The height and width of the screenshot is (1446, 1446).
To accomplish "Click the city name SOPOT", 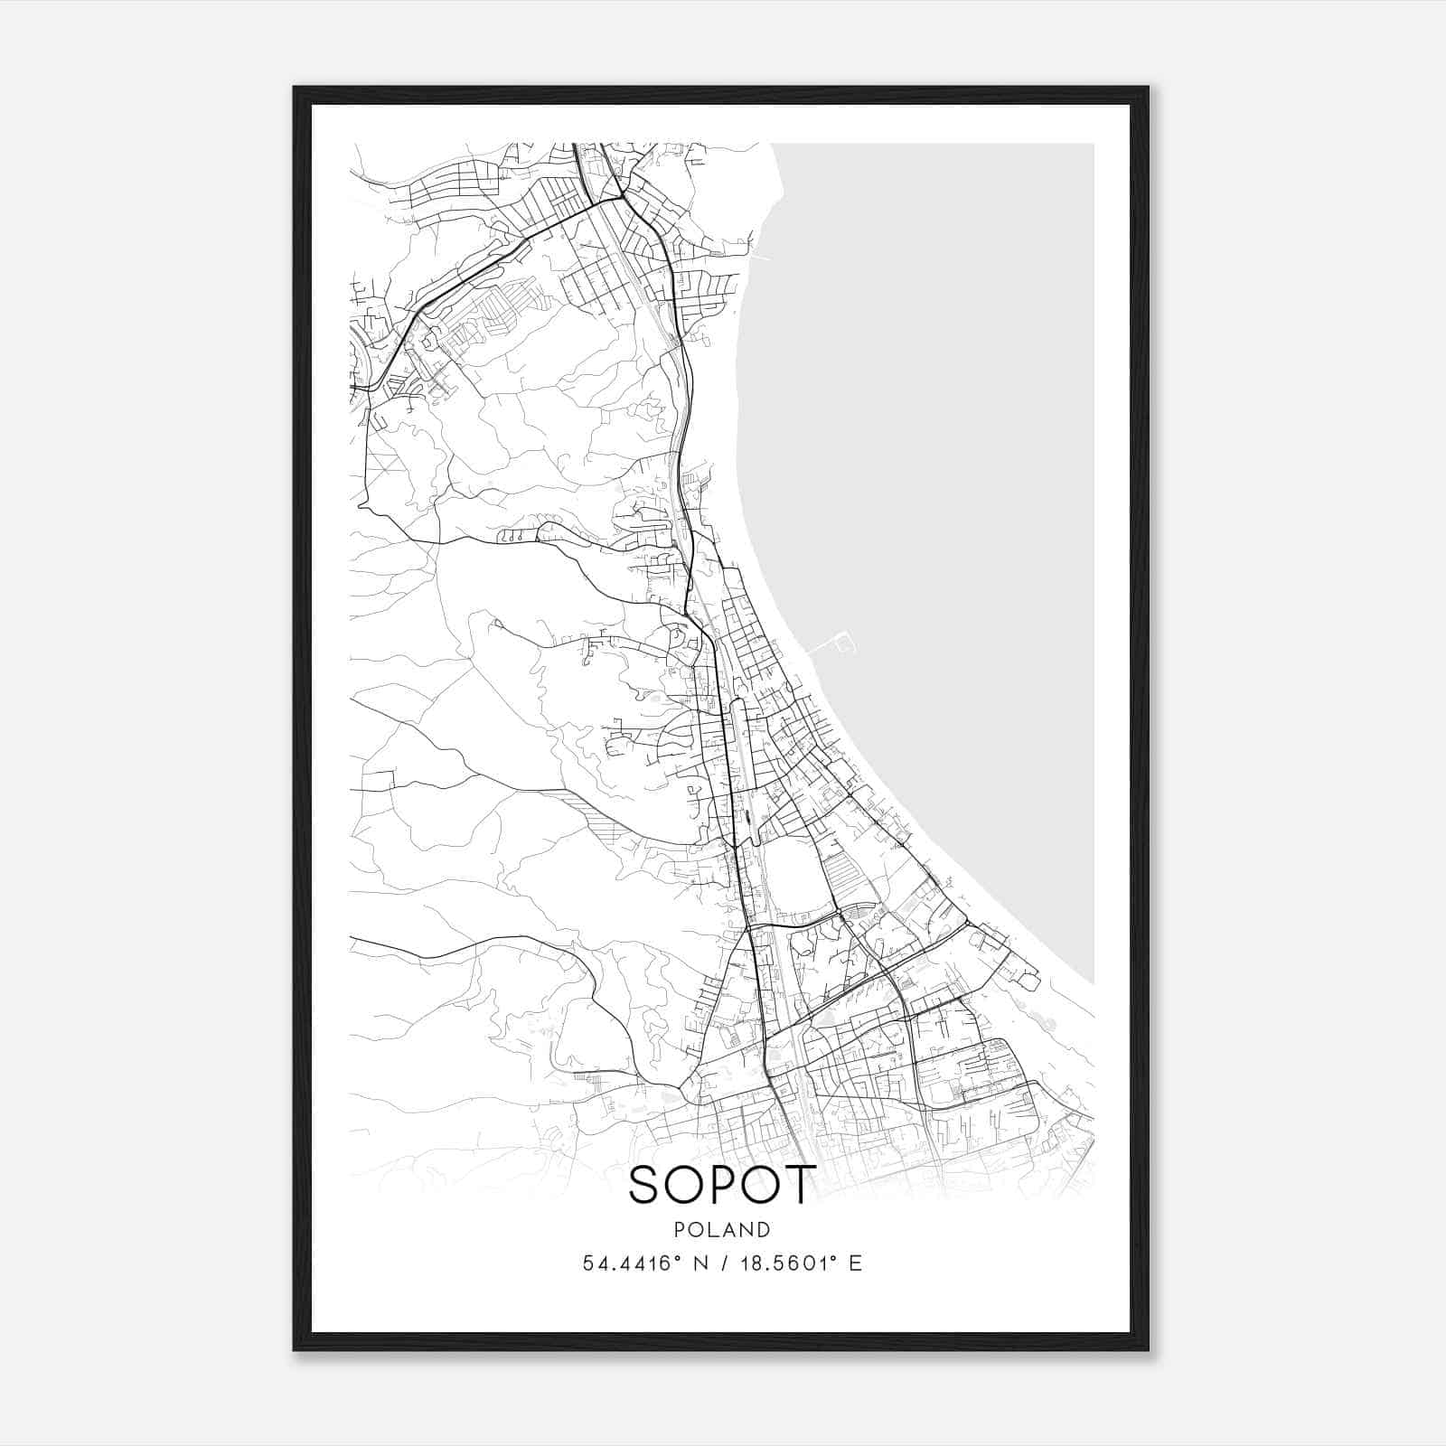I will coord(722,1185).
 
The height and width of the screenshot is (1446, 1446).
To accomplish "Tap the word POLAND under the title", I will coord(722,1230).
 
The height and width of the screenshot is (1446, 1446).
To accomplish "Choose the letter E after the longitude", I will coord(855,1263).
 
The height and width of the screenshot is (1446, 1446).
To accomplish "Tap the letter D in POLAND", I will coord(765,1230).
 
